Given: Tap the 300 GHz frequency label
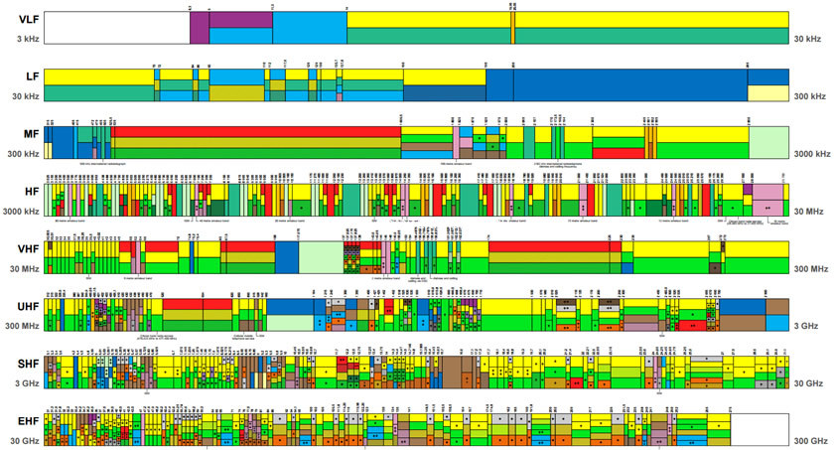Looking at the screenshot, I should (x=810, y=440).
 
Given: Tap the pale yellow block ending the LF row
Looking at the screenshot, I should (x=767, y=93).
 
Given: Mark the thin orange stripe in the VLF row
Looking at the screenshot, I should (x=512, y=28).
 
